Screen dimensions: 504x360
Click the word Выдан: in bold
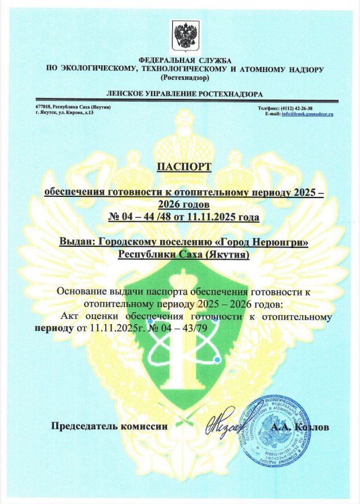click(76, 242)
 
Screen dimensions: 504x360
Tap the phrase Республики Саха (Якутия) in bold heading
click(183, 254)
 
